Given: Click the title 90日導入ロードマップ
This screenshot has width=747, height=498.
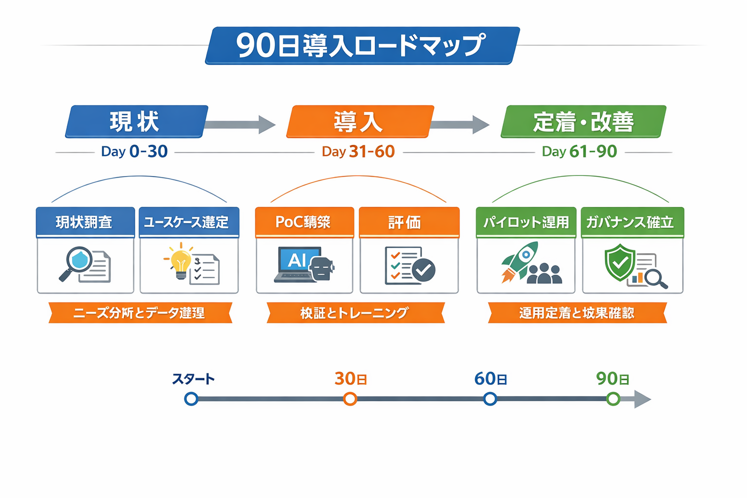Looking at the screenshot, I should (x=362, y=45).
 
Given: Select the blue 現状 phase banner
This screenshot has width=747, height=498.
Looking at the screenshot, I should (x=136, y=122).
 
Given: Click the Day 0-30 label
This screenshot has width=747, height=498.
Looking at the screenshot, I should (x=134, y=152).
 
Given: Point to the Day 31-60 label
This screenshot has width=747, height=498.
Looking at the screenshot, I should (x=358, y=152).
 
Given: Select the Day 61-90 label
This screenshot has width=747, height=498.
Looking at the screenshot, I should (x=579, y=152).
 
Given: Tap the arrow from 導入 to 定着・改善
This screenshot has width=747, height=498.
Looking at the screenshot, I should (x=460, y=124).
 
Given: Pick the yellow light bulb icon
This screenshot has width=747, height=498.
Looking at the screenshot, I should (x=180, y=263).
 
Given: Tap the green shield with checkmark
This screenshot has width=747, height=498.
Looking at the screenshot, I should (x=620, y=263).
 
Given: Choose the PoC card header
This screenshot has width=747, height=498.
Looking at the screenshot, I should (x=304, y=222).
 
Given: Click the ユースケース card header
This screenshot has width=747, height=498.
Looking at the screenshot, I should (x=189, y=222).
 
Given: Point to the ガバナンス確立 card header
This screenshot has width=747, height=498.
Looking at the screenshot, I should (x=632, y=222).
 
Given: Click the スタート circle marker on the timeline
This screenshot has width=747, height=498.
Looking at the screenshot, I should (x=191, y=399).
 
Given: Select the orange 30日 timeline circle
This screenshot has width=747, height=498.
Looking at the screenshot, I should (x=350, y=399).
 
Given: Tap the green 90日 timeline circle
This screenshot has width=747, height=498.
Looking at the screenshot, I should (x=613, y=399).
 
